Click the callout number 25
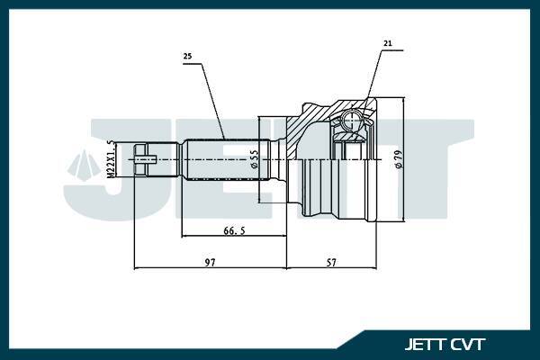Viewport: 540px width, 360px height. [187, 57]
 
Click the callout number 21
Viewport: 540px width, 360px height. [387, 43]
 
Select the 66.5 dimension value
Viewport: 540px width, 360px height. [234, 231]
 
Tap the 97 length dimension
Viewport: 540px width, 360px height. [211, 262]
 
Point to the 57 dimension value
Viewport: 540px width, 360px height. [331, 262]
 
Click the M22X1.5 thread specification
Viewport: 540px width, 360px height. [111, 159]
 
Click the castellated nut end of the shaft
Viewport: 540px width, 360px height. [144, 161]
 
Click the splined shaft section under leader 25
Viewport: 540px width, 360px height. [225, 161]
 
